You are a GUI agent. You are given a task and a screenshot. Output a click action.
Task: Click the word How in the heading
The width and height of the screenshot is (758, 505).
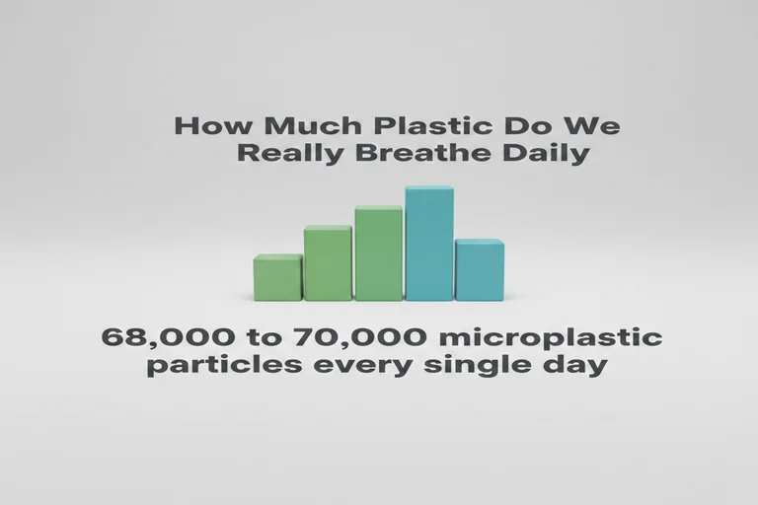[x=207, y=127]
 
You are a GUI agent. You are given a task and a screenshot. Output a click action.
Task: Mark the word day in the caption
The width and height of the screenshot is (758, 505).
[x=572, y=367]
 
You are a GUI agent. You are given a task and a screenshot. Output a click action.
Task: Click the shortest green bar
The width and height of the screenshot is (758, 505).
[x=277, y=278]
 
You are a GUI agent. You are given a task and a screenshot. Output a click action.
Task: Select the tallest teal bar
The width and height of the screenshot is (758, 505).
[x=429, y=244]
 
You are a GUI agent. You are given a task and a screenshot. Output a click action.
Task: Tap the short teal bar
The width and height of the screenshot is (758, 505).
[x=480, y=270]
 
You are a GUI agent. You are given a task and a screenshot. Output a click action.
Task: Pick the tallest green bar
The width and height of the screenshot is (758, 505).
[x=378, y=253]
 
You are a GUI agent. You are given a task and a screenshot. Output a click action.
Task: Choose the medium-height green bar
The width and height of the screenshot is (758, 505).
[x=328, y=263]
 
